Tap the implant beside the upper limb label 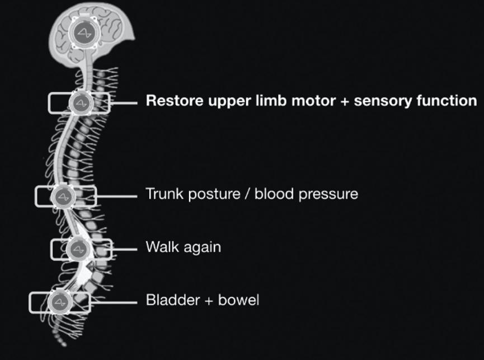click(x=81, y=103)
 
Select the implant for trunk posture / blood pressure click(x=63, y=197)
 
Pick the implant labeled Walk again click(x=79, y=249)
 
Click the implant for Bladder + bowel click(x=59, y=302)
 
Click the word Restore click(x=175, y=101)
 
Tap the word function click(x=447, y=101)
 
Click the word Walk click(x=163, y=247)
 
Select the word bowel click(x=238, y=300)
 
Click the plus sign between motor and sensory click(x=345, y=101)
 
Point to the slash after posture click(x=247, y=194)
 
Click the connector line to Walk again click(x=124, y=249)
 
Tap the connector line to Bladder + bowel click(x=114, y=302)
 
